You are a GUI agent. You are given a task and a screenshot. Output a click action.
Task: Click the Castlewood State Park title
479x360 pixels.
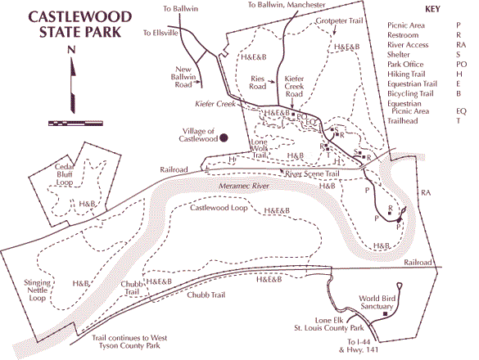80,25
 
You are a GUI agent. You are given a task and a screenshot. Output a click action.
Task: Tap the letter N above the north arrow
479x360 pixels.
71,50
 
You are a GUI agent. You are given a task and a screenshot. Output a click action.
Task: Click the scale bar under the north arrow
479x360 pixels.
75,124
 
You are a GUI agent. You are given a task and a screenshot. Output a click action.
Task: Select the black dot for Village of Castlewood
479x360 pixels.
224,138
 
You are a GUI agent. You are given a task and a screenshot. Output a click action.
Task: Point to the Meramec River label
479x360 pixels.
244,186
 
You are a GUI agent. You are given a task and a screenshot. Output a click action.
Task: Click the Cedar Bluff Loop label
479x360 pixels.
65,174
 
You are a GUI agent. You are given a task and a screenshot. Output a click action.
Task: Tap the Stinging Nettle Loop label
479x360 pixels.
38,290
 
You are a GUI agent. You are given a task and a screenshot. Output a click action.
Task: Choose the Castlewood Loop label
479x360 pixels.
219,208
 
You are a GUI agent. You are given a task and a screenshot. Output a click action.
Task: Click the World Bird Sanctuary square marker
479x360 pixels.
385,314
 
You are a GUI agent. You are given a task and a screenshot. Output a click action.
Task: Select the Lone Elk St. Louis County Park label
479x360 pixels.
329,324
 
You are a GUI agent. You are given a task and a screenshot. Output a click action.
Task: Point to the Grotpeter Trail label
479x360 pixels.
339,20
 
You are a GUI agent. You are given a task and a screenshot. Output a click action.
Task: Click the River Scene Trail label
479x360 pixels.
312,173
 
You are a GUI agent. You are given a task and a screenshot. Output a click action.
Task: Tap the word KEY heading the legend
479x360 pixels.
432,9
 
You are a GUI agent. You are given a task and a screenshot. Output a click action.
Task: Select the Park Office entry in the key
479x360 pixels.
405,65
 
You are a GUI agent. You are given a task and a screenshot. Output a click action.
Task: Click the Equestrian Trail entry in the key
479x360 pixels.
412,84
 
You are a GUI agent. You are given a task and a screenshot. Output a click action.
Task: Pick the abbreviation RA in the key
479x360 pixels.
461,45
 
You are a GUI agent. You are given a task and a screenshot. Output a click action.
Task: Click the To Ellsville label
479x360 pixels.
160,33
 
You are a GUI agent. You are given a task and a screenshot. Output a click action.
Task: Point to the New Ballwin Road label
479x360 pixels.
183,77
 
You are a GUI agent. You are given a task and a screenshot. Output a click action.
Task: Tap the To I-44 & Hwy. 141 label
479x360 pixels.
359,345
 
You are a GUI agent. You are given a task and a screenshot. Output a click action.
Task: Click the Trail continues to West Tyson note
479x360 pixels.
129,342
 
